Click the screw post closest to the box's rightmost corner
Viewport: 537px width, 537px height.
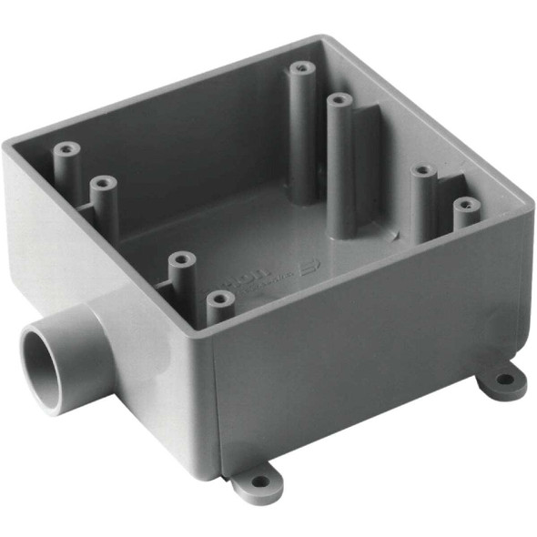click(466, 209)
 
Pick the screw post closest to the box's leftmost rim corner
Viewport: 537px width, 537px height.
click(64, 159)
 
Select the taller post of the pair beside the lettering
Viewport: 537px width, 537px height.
click(183, 273)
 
